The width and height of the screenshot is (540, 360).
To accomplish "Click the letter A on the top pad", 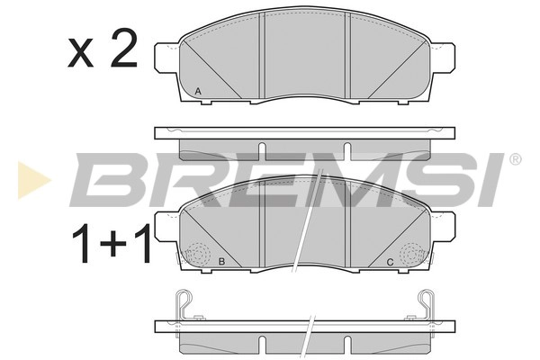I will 198,91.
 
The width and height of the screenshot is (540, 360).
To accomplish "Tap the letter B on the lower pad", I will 220,262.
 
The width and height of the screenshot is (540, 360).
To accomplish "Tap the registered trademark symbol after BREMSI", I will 515,159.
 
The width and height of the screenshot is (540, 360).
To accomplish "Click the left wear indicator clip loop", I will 184,301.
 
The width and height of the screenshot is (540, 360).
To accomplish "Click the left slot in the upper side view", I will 261,148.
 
